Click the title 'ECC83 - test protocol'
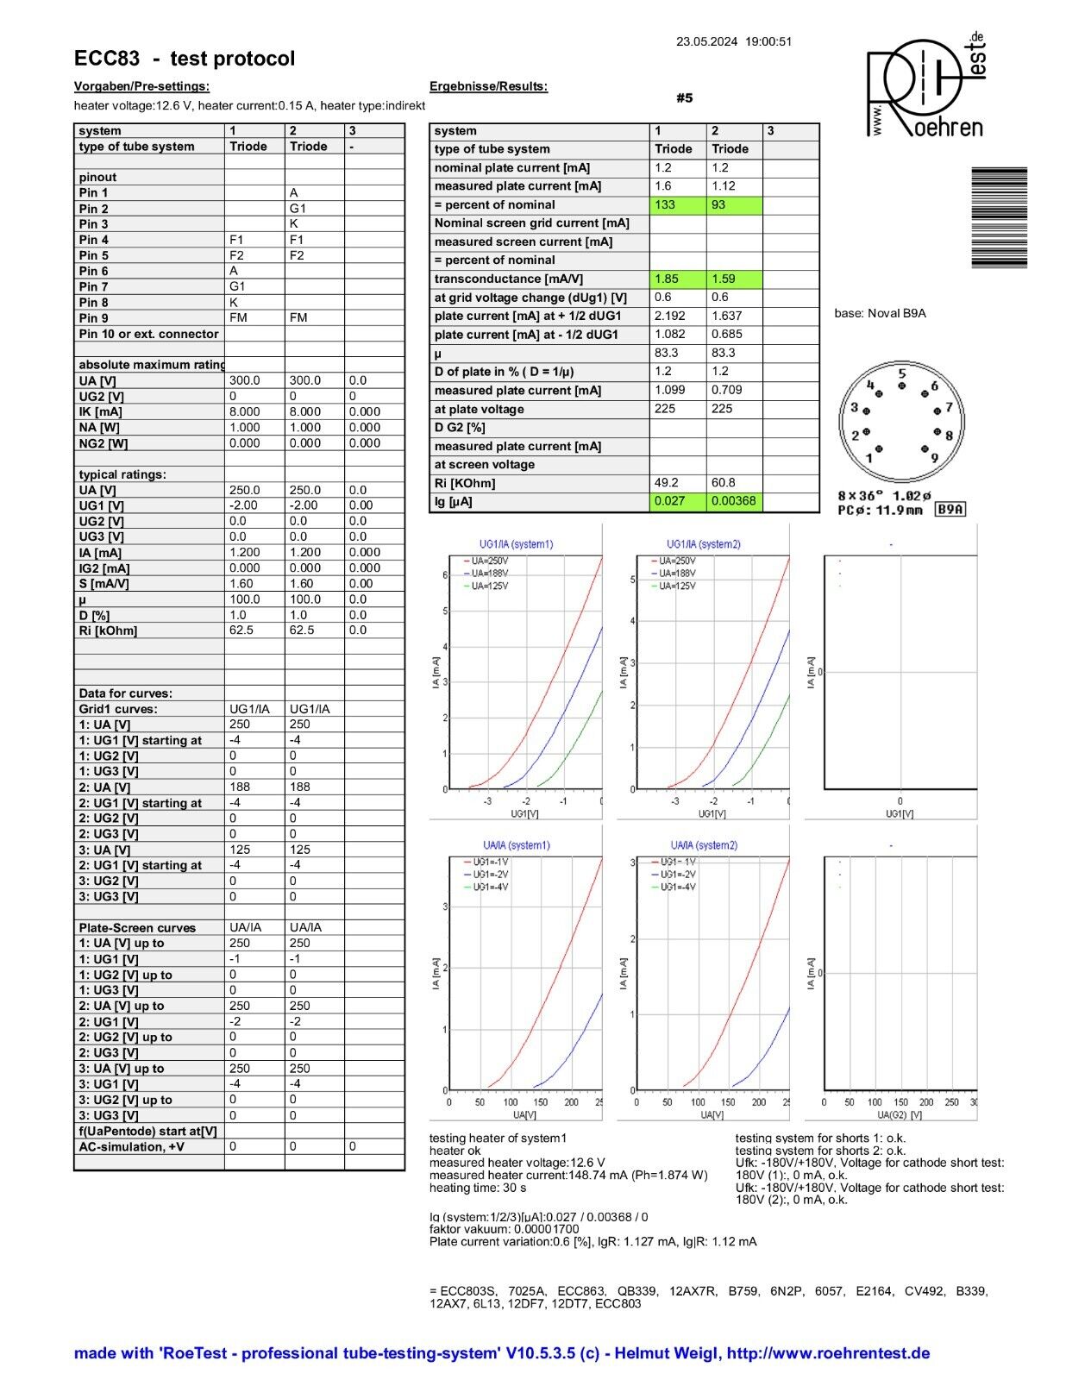point(185,59)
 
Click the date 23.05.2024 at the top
point(706,41)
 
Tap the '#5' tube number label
point(684,98)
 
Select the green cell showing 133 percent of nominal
point(678,204)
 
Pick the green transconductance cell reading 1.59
point(734,279)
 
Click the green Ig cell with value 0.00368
point(734,501)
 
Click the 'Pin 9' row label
point(94,318)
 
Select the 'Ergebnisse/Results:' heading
point(488,86)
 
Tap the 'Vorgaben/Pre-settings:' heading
point(141,86)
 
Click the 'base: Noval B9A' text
point(880,313)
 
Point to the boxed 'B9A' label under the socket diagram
point(950,510)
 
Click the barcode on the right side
point(999,217)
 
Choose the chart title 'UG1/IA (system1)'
point(516,544)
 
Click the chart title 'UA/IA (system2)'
point(704,845)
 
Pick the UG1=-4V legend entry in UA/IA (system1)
point(489,887)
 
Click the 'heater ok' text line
point(455,1151)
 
